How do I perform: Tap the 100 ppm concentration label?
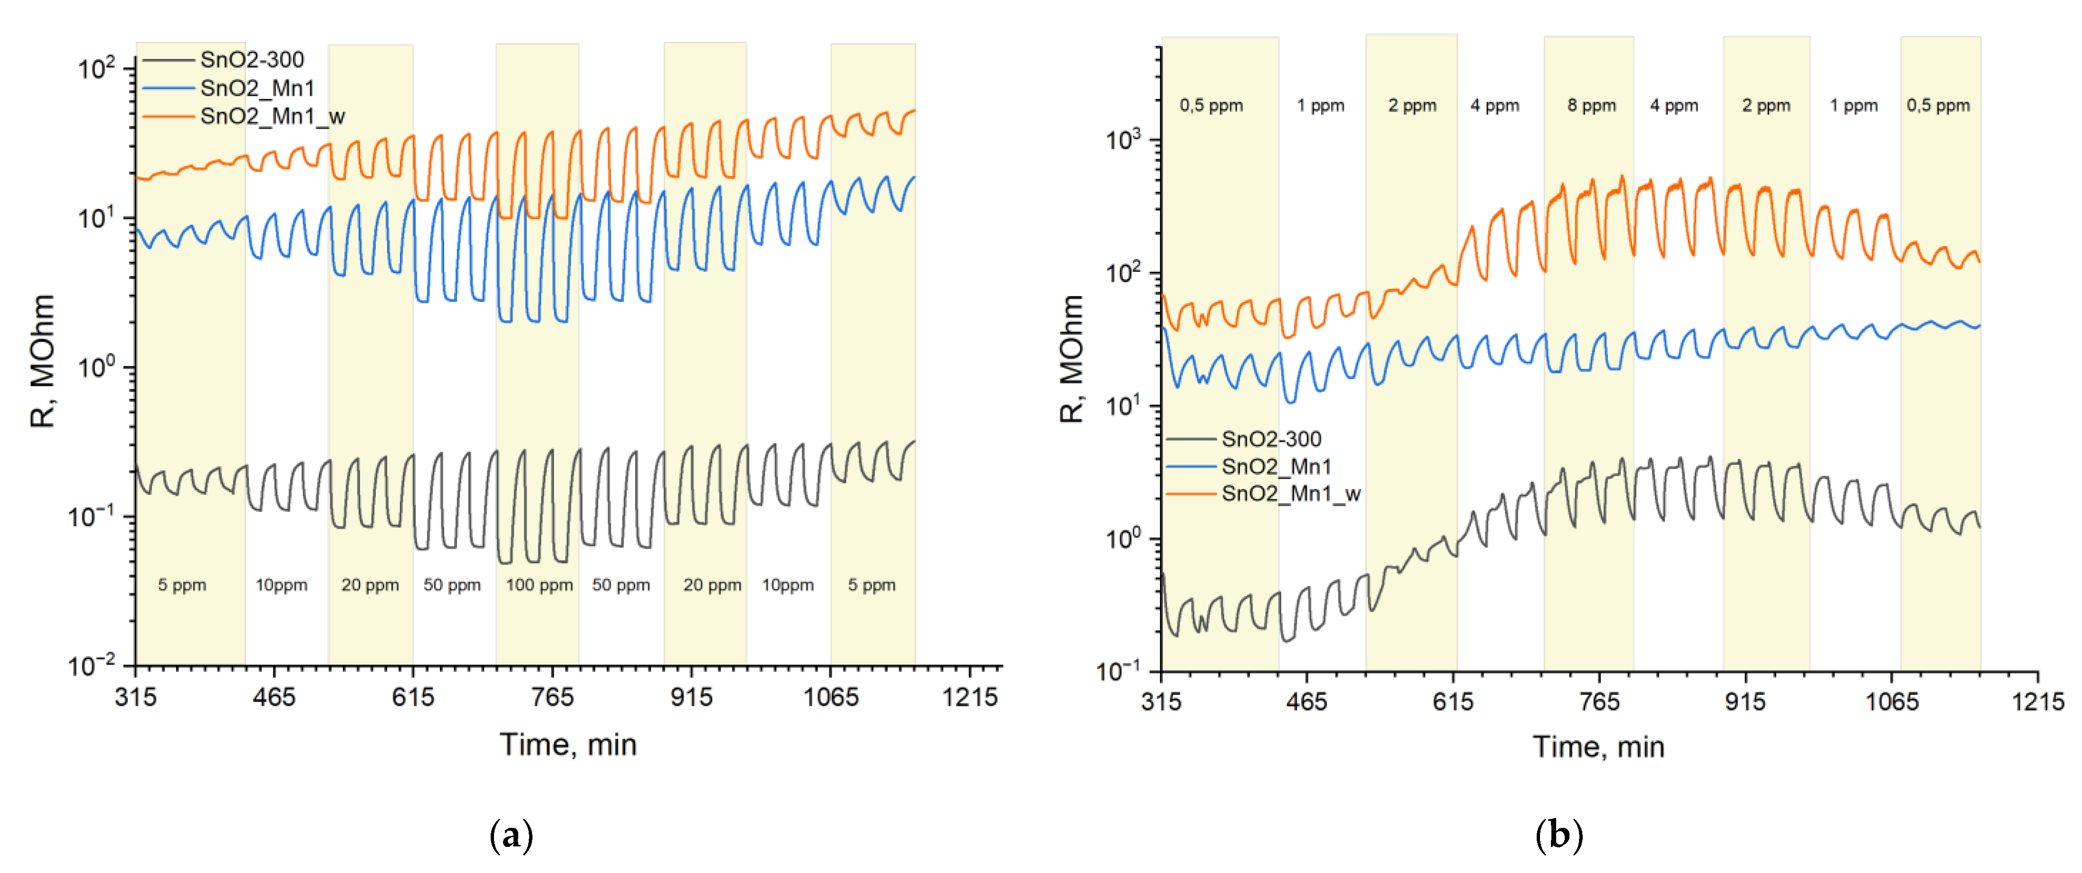539,585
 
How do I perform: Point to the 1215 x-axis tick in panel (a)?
970,697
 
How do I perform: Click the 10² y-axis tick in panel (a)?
97,69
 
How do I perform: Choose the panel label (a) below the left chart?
512,835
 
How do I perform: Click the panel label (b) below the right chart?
1558,835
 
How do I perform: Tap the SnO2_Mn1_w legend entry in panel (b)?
1290,494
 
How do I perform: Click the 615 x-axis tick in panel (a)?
413,697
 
